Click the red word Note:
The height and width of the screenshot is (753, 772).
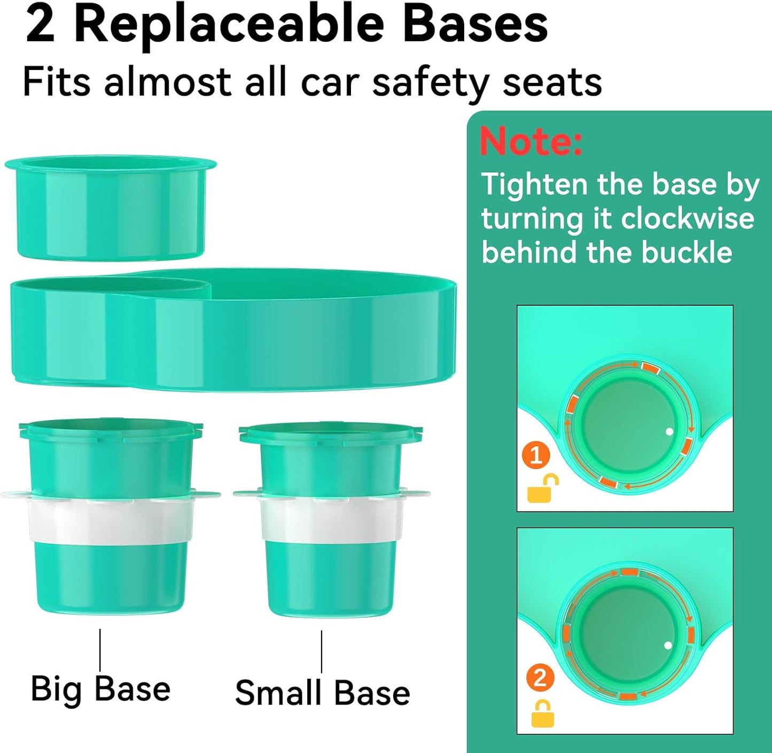(531, 141)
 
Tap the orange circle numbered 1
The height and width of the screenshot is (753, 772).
(536, 455)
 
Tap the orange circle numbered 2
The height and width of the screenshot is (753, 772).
(540, 678)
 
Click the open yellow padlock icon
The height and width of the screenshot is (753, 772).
(542, 489)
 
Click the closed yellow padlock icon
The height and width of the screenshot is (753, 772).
(542, 714)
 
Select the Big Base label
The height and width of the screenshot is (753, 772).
(100, 689)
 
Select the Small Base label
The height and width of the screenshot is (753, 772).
(322, 693)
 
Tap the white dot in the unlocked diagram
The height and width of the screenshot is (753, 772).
(669, 432)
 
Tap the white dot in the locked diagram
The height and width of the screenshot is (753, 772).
(668, 646)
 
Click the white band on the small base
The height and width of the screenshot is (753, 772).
(331, 519)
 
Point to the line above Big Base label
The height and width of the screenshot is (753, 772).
(100, 649)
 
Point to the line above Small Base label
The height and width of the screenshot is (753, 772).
(322, 651)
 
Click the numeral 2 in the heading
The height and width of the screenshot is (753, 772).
(40, 25)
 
